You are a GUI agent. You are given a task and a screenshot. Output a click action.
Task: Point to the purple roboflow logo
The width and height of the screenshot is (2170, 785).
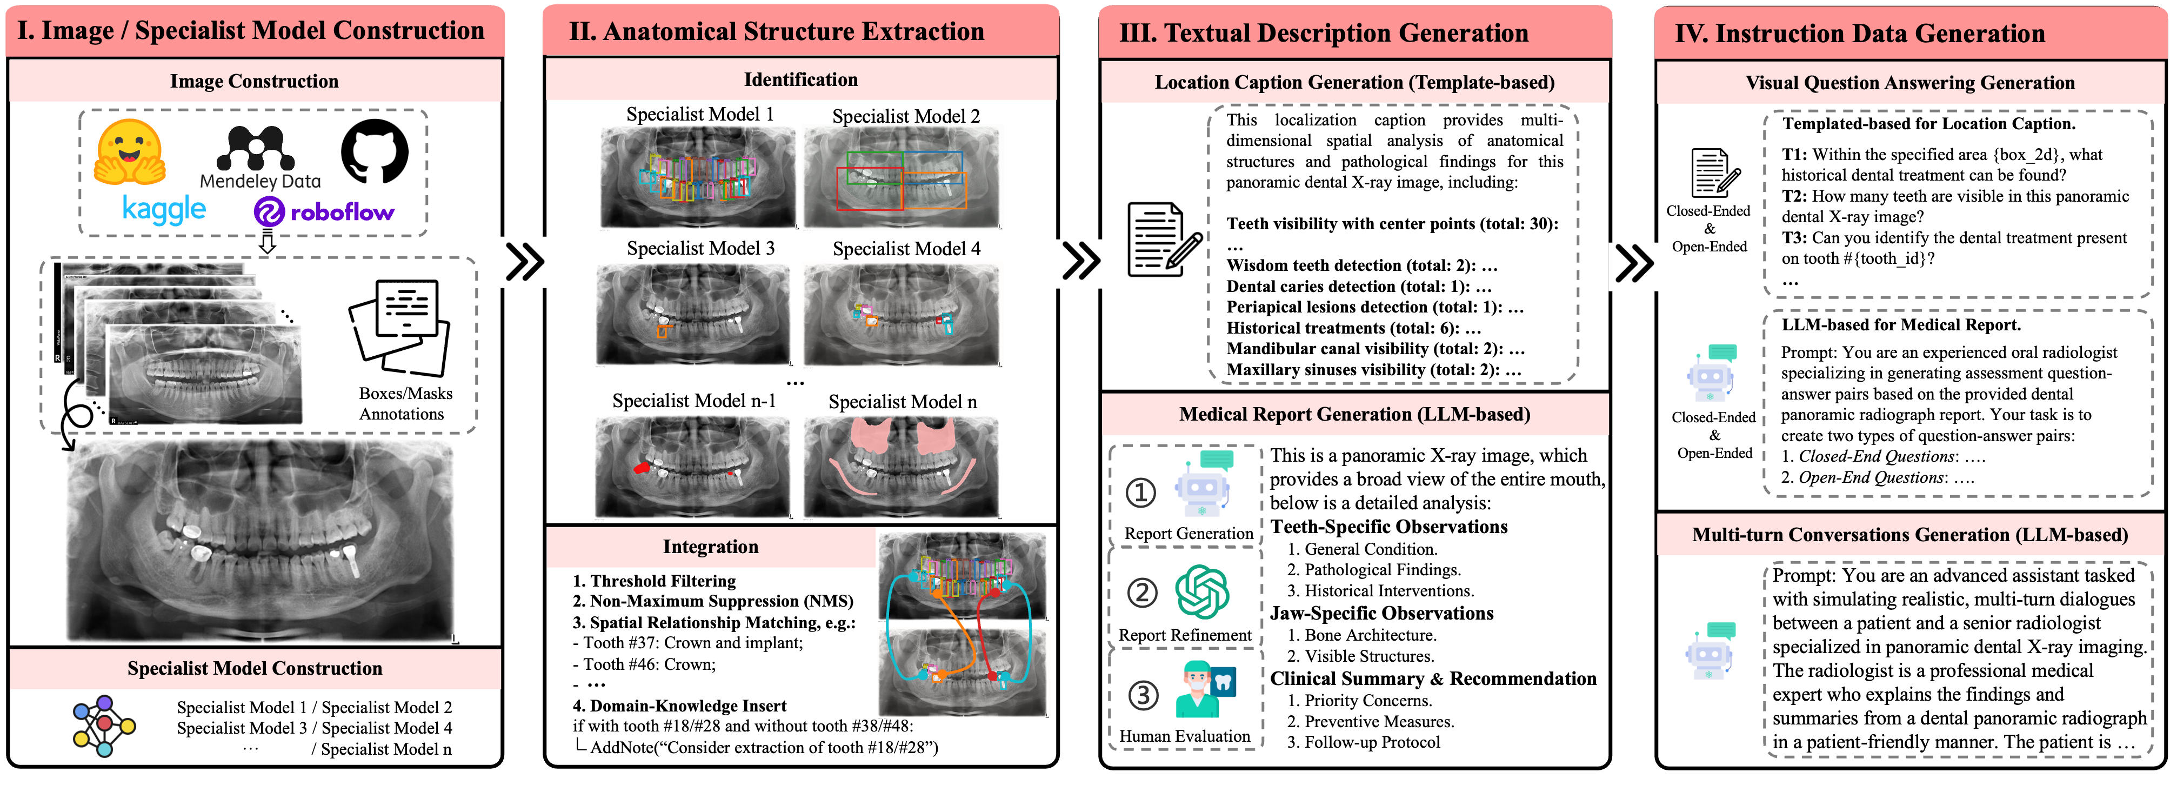(324, 211)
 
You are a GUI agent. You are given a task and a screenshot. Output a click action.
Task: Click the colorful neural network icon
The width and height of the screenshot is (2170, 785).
(104, 725)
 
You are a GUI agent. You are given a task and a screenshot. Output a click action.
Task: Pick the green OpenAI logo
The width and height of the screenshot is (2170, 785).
(1202, 591)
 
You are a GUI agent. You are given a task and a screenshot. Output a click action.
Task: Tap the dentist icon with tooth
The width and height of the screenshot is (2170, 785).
(1205, 689)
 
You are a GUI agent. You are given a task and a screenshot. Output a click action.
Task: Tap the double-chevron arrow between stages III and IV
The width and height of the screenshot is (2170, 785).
(1637, 266)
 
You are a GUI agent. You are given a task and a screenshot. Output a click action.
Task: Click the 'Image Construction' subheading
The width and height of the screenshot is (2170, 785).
(255, 82)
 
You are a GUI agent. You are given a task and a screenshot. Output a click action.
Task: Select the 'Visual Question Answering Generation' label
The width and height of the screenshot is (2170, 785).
(1909, 83)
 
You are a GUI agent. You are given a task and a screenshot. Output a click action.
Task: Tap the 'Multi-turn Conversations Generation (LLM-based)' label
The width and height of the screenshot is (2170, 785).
(1909, 535)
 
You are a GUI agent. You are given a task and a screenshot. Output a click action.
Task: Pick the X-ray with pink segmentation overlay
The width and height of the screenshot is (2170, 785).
(902, 466)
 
